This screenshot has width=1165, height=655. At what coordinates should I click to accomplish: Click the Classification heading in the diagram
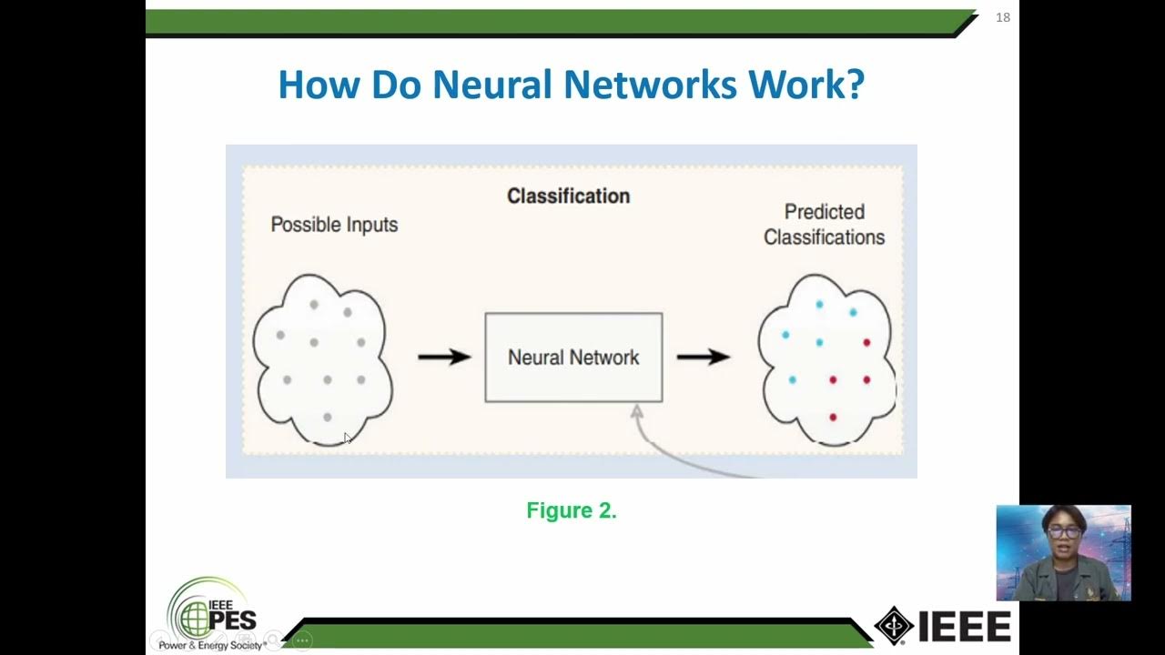point(568,196)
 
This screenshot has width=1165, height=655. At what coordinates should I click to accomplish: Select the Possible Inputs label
point(334,225)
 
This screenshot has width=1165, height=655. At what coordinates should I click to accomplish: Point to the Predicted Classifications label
point(824,225)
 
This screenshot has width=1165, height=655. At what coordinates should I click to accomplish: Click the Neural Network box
point(573,358)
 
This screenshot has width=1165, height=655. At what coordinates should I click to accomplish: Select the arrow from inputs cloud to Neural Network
point(443,357)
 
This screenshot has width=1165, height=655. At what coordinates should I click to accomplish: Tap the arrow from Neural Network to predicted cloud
point(703,357)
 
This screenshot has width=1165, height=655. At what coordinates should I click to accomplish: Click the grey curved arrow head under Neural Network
point(637,412)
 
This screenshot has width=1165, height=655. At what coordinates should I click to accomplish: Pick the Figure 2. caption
point(572,511)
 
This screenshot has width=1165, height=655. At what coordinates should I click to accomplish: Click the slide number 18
point(1003,17)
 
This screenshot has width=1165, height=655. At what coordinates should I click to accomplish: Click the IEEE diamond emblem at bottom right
point(894,626)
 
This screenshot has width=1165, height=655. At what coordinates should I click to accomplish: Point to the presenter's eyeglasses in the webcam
point(1063,532)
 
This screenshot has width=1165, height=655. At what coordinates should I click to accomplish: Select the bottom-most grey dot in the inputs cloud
point(328,417)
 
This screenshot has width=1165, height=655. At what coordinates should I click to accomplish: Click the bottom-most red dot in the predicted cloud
point(833,417)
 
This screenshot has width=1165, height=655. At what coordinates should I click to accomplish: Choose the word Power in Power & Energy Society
point(175,646)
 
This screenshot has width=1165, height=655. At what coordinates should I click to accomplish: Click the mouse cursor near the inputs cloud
point(347,438)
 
